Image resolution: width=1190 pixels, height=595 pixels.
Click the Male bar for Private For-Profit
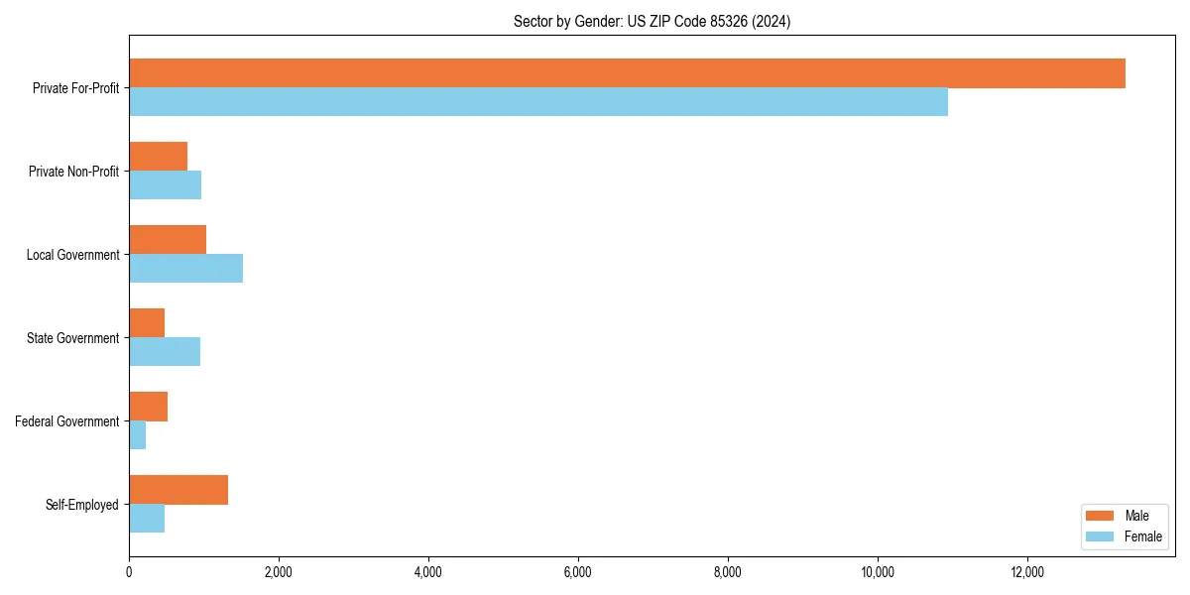click(627, 73)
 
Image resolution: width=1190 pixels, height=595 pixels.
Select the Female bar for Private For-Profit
click(538, 102)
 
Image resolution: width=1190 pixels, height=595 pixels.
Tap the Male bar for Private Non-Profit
click(158, 157)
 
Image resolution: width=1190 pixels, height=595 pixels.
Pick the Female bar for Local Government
click(185, 269)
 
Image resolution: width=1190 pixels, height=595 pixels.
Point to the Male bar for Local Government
click(168, 240)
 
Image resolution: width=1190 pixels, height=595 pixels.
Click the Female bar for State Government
click(165, 352)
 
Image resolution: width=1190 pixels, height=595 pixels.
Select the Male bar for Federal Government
click(148, 407)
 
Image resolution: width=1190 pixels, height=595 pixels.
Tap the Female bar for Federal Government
click(137, 435)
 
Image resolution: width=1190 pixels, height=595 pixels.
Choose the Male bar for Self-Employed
click(178, 490)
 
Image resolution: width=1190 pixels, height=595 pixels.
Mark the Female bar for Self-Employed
click(147, 519)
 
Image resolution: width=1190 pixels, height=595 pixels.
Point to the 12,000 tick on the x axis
click(1027, 572)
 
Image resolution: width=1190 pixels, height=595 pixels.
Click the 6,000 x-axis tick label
click(578, 572)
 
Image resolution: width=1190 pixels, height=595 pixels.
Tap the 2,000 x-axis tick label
click(279, 572)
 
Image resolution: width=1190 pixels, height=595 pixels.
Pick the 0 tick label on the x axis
click(129, 572)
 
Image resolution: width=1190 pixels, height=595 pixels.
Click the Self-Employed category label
click(82, 505)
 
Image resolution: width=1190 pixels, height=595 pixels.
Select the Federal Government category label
click(67, 421)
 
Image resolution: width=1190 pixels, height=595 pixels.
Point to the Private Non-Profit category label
click(73, 172)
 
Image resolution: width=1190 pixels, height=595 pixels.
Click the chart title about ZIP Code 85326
click(652, 21)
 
